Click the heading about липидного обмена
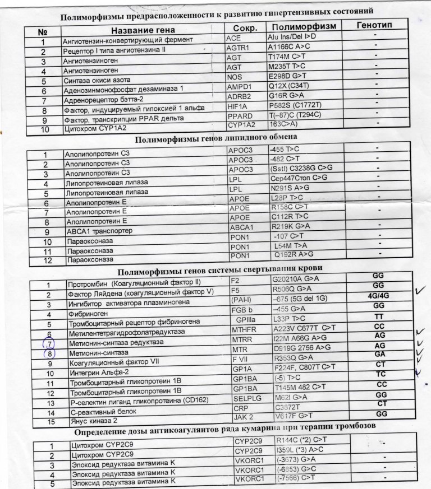click(215, 137)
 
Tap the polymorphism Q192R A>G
click(292, 255)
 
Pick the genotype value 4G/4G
click(377, 295)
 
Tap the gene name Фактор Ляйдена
click(140, 293)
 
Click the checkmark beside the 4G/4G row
click(418, 291)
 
